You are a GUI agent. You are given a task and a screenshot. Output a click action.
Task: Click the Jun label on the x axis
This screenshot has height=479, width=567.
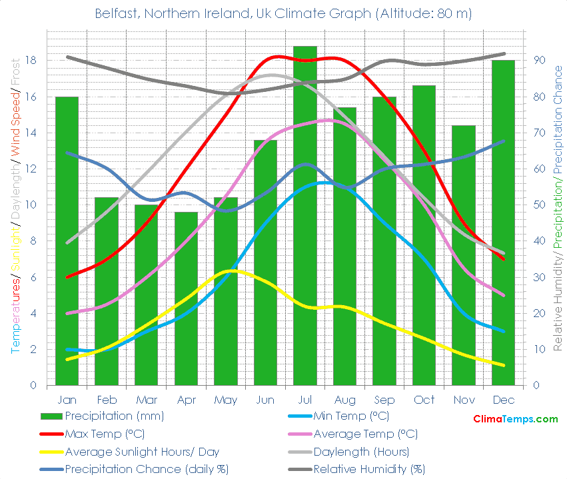[265, 400]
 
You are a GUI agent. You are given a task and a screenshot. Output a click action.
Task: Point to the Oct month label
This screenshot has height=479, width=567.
[424, 400]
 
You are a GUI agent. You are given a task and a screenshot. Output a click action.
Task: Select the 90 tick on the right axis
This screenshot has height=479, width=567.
[540, 61]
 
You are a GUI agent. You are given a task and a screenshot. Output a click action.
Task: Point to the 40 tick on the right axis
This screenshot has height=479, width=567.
[540, 241]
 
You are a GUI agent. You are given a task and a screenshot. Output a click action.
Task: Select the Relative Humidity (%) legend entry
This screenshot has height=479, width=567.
[369, 469]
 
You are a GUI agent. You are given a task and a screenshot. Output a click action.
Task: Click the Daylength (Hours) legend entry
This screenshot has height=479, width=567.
[365, 452]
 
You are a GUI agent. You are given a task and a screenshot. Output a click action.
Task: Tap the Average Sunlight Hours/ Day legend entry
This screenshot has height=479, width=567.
[142, 452]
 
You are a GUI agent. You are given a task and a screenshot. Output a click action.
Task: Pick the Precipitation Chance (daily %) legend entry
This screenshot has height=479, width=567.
[147, 469]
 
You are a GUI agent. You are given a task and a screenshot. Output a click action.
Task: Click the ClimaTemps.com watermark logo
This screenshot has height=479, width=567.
[515, 419]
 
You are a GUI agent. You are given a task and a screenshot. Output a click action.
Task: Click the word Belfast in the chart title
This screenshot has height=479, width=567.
[114, 13]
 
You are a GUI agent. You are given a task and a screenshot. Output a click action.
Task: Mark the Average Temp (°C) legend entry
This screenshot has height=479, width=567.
[365, 434]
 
